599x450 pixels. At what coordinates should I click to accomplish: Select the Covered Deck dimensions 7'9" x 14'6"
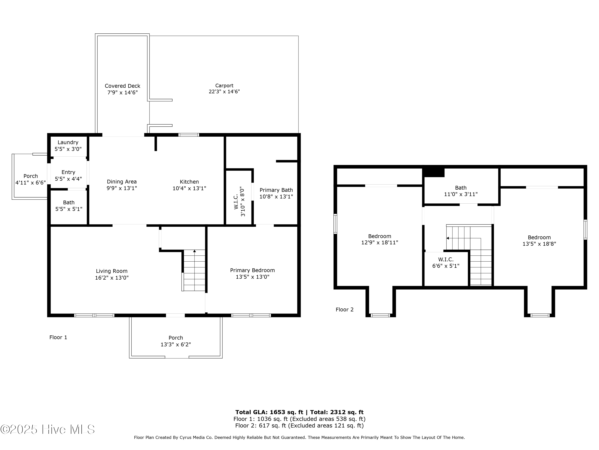pyautogui.click(x=122, y=92)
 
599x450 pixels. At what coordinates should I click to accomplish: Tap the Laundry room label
pyautogui.click(x=68, y=142)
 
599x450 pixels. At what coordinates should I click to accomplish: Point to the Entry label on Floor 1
pyautogui.click(x=68, y=172)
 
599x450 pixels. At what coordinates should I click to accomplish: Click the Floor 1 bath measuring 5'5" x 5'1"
pyautogui.click(x=69, y=206)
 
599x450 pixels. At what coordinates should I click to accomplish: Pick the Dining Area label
pyautogui.click(x=122, y=182)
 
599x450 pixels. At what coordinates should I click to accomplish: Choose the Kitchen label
pyautogui.click(x=189, y=182)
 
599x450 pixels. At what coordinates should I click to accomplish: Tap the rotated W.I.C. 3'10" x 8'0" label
pyautogui.click(x=239, y=201)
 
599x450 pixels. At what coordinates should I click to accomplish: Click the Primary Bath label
pyautogui.click(x=276, y=190)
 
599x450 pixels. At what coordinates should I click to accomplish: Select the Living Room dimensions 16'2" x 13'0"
pyautogui.click(x=112, y=278)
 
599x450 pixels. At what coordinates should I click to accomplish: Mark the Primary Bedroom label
pyautogui.click(x=252, y=270)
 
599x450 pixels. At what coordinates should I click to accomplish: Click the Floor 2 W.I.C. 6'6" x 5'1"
pyautogui.click(x=446, y=263)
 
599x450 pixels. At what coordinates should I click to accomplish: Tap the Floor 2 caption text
pyautogui.click(x=344, y=309)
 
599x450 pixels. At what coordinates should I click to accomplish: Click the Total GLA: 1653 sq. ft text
pyautogui.click(x=269, y=412)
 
